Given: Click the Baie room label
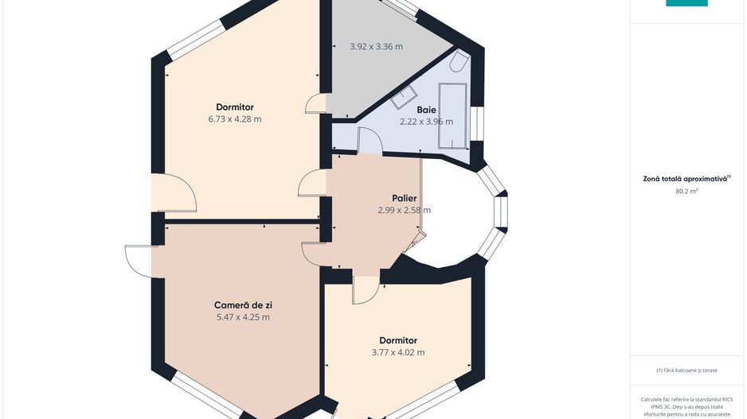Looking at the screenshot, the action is pyautogui.click(x=426, y=110).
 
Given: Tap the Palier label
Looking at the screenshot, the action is pyautogui.click(x=405, y=198).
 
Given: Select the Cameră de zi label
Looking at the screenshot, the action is pyautogui.click(x=243, y=305).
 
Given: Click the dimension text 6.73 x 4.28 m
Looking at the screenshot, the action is pyautogui.click(x=235, y=119).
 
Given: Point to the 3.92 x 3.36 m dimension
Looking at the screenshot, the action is pyautogui.click(x=377, y=47).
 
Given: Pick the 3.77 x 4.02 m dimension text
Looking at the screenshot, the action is pyautogui.click(x=398, y=352).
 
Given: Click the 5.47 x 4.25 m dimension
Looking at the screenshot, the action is pyautogui.click(x=243, y=317).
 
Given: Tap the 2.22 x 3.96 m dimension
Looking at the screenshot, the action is pyautogui.click(x=426, y=122).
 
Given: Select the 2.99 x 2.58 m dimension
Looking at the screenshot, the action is pyautogui.click(x=405, y=210).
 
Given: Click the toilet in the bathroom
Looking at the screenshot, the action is pyautogui.click(x=460, y=61).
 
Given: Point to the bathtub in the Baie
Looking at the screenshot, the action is pyautogui.click(x=452, y=116).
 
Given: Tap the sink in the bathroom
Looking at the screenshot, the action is pyautogui.click(x=404, y=97).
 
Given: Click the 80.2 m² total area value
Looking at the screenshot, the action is pyautogui.click(x=686, y=191).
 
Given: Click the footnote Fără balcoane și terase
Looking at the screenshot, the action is pyautogui.click(x=686, y=370).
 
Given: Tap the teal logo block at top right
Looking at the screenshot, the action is pyautogui.click(x=686, y=3).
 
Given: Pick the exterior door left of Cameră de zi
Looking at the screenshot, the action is pyautogui.click(x=139, y=261).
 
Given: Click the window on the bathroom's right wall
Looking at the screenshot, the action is pyautogui.click(x=477, y=124).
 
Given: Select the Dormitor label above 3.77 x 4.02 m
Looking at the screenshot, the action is pyautogui.click(x=398, y=340).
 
